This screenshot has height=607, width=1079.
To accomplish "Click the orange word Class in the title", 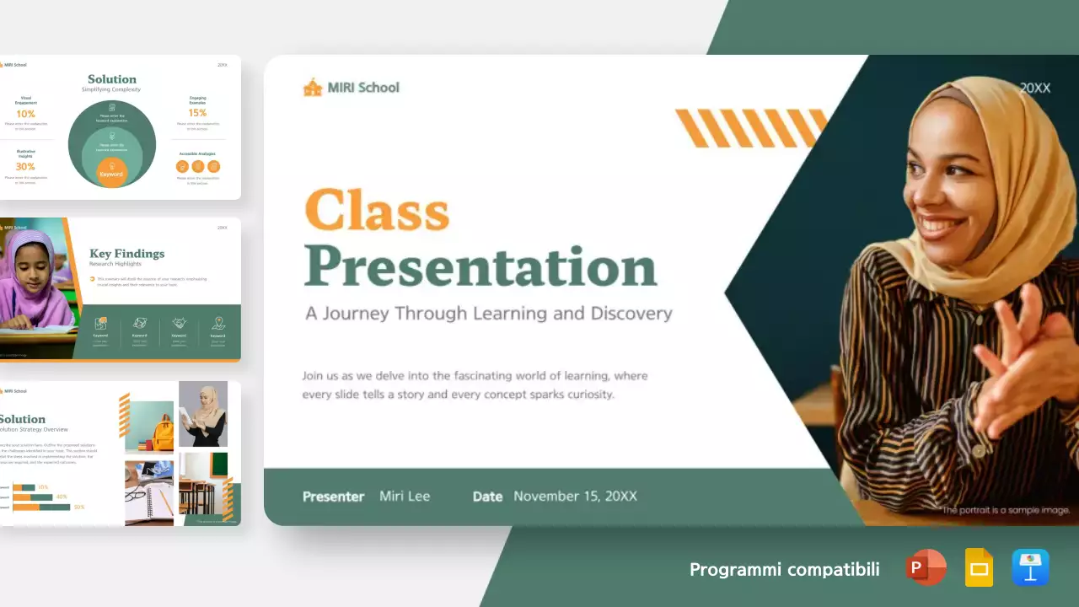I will [377, 209].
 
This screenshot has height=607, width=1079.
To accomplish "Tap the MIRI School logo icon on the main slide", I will [313, 87].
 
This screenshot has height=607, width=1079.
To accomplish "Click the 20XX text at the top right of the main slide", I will [1034, 88].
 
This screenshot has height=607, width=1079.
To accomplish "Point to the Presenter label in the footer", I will [333, 497].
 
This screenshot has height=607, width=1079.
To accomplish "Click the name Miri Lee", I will [405, 496].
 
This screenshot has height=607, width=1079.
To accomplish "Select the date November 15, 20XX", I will [575, 496].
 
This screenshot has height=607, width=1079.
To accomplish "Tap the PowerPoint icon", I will [926, 568].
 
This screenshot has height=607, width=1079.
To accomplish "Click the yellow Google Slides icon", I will [979, 568].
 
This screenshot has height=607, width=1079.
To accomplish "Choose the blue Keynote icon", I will [1030, 568].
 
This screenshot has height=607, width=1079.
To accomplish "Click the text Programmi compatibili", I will [784, 570].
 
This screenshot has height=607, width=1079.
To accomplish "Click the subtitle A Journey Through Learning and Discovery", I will [488, 314].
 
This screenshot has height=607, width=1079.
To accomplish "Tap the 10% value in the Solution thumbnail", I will [25, 114].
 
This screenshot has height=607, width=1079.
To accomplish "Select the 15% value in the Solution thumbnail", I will [197, 113].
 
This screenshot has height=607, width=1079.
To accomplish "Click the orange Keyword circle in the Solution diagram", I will [111, 172].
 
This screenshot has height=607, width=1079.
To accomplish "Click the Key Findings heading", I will [127, 254].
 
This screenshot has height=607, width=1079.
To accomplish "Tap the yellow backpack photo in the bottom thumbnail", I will [150, 427].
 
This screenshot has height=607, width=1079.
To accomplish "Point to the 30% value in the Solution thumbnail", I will [25, 167].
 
